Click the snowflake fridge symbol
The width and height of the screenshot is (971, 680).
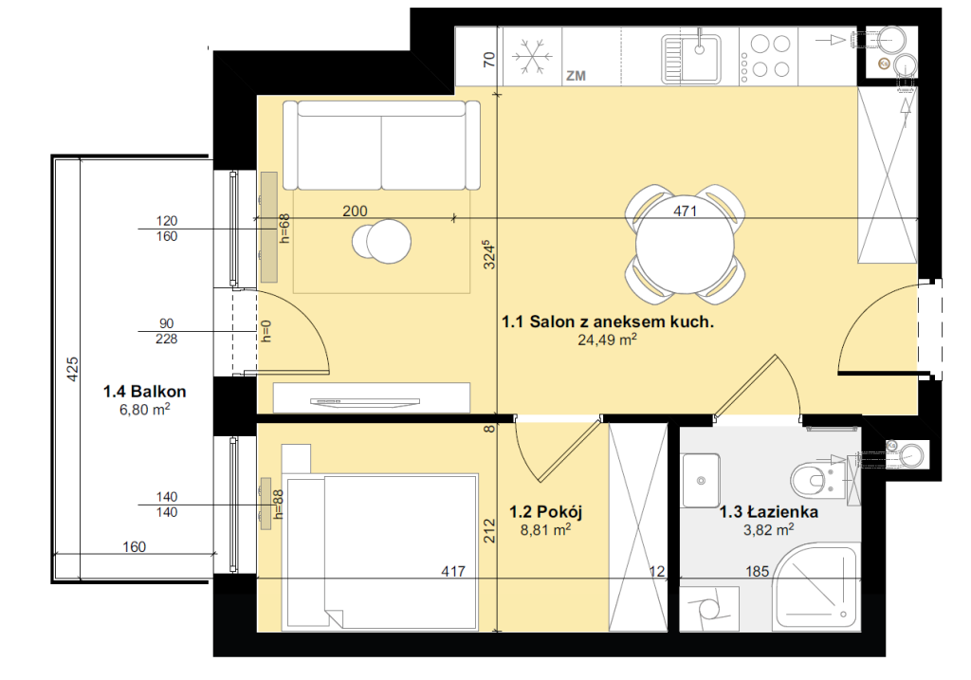(533, 57)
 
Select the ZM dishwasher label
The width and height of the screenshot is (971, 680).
(576, 76)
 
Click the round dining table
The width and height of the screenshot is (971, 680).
(685, 244)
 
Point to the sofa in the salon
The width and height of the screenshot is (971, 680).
(381, 145)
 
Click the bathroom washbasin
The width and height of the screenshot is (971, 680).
(701, 481)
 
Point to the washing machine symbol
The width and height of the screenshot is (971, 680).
(709, 609)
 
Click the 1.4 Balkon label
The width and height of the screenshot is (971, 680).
(144, 392)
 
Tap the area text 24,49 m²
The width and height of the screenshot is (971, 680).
(607, 340)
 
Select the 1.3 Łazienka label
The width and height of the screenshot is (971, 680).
(768, 511)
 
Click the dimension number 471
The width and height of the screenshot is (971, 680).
(685, 211)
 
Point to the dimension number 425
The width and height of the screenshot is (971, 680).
(72, 369)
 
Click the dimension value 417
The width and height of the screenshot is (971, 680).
(453, 571)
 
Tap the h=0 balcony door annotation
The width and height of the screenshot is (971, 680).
(266, 331)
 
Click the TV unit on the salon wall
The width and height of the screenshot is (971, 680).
(372, 397)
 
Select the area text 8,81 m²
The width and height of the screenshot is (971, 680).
(545, 530)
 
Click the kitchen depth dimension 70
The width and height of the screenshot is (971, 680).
(489, 60)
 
